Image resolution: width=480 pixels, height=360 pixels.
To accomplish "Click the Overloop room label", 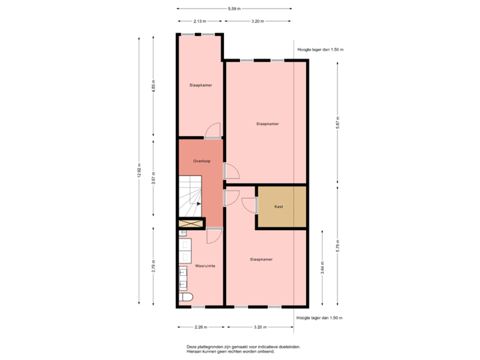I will pos(201,161).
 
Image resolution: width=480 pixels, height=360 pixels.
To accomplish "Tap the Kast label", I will pos(279,207).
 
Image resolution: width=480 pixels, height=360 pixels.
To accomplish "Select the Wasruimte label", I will pos(204,265).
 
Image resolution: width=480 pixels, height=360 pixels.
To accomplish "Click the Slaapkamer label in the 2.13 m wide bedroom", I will pos(201,85).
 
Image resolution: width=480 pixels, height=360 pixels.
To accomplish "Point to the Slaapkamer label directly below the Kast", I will pos(261,259).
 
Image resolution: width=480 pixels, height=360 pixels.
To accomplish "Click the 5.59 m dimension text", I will pos(234,9).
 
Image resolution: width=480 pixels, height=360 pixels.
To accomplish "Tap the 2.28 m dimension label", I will pos(200,327).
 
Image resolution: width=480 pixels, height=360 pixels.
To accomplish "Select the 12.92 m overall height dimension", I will pos(139,171).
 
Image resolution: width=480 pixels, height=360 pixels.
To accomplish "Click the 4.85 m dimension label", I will pos(154,89).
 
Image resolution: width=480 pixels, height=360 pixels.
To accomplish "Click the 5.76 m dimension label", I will pos(338,244).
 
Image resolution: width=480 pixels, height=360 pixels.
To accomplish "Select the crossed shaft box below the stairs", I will pos(190,224).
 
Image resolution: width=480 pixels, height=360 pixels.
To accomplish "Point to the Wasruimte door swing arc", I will pos(215,235).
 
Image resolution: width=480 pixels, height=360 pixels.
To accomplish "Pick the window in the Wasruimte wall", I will pos(198,307).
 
